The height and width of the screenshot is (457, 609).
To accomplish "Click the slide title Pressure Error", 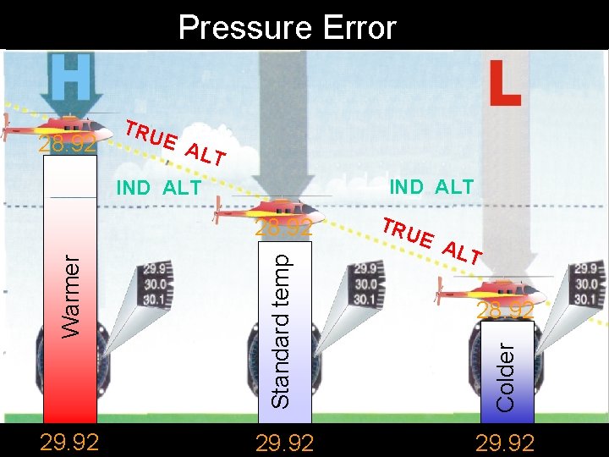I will pyautogui.click(x=287, y=28).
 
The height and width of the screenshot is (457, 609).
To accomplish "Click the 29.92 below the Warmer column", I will pyautogui.click(x=69, y=443).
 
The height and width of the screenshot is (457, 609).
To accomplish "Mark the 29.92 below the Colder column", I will pyautogui.click(x=504, y=443).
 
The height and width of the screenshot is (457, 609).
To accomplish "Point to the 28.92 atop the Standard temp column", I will pyautogui.click(x=284, y=228).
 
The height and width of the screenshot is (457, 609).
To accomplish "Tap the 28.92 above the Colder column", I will pyautogui.click(x=505, y=311).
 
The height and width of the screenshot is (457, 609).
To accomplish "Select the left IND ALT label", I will pyautogui.click(x=158, y=188).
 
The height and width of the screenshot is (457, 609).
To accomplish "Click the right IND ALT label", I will pyautogui.click(x=431, y=187).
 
